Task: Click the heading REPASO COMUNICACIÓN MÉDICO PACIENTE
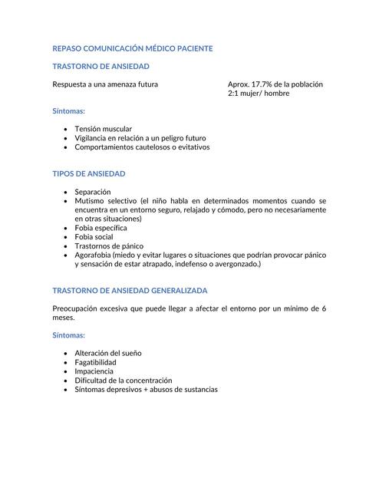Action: click(132, 48)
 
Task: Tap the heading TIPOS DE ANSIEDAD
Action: click(89, 174)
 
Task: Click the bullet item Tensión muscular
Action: click(103, 129)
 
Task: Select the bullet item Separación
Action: click(93, 191)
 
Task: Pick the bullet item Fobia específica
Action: click(101, 228)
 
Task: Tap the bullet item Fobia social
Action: click(94, 237)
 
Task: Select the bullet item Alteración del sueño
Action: click(108, 353)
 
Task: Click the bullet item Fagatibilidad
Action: click(96, 362)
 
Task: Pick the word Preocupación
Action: click(77, 308)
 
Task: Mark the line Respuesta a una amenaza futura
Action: click(105, 84)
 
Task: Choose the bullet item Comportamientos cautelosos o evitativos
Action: click(142, 147)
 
